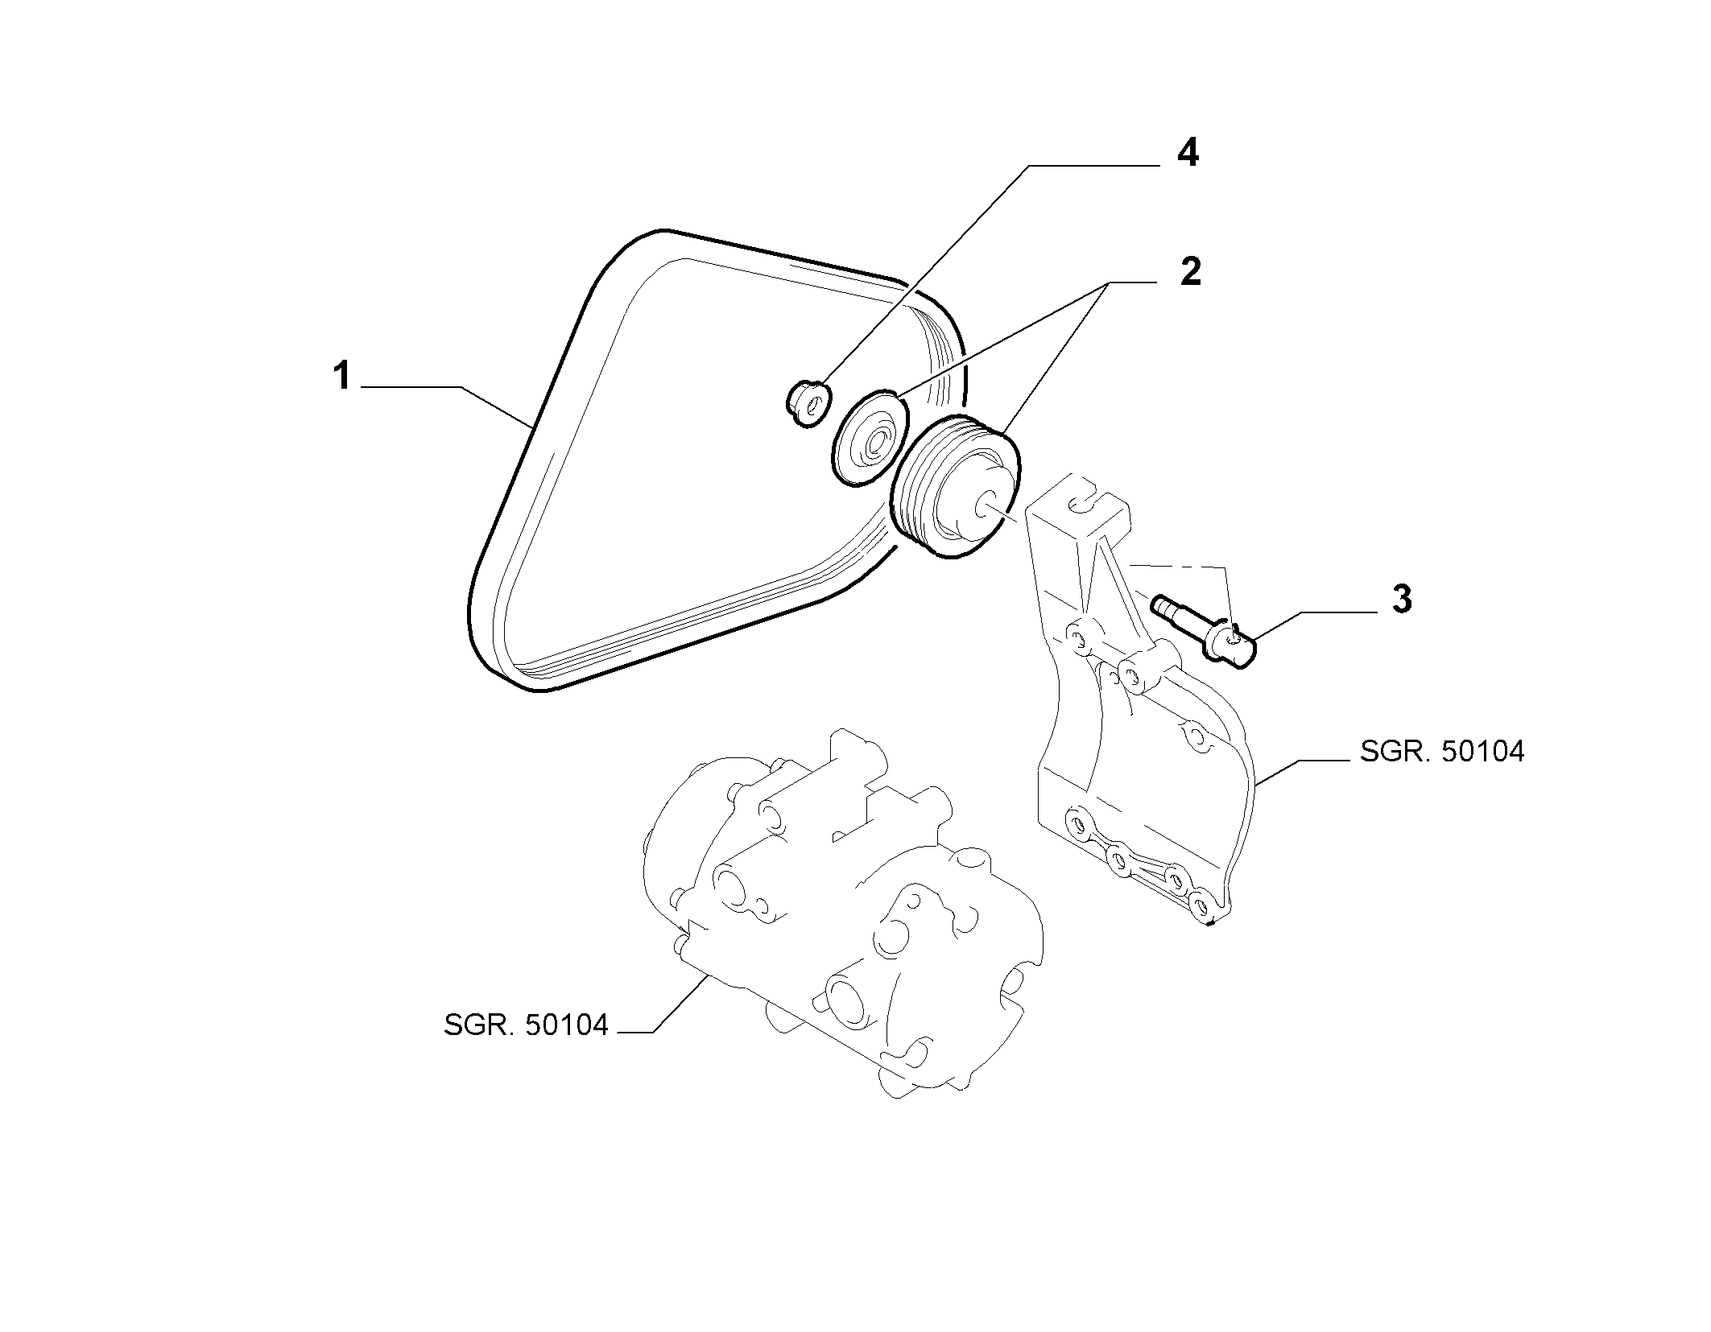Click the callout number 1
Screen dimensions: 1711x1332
click(342, 377)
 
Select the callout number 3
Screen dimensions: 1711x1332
click(1402, 600)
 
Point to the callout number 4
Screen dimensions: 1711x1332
click(1188, 153)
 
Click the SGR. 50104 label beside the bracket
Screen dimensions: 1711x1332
click(1442, 752)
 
